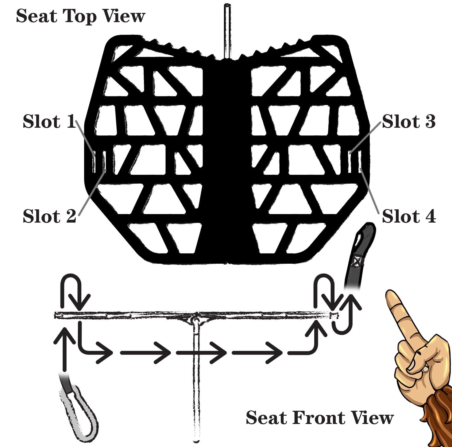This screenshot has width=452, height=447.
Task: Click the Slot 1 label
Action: pos(49,122)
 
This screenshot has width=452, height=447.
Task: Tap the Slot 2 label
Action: pos(49,216)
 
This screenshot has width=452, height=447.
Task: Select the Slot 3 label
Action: pos(408,122)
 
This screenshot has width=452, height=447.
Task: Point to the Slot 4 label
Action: pos(408,216)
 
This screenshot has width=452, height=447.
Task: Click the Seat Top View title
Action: pos(80,16)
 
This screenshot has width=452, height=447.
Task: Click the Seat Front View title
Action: pos(319,418)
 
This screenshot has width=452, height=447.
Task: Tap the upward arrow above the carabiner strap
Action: pos(64,350)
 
